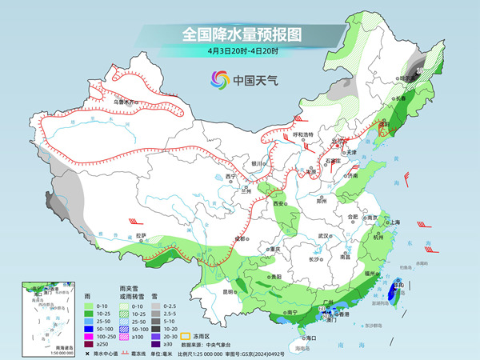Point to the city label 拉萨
[x=141, y=235]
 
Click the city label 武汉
[x=323, y=236]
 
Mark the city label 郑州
[x=322, y=202]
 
